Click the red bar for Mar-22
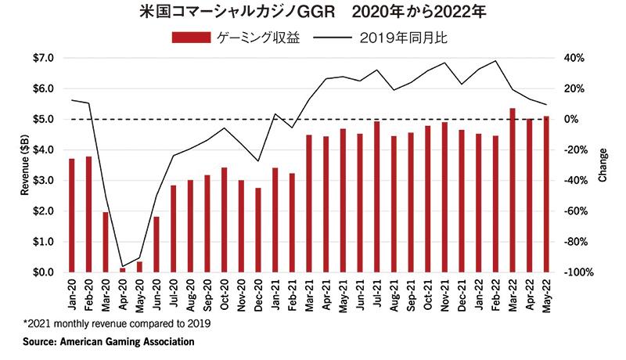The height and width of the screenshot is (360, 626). pos(512,190)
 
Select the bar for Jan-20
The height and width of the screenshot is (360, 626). pos(72,215)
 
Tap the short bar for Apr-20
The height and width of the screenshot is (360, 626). pos(123,270)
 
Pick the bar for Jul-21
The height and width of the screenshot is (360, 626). pos(376,196)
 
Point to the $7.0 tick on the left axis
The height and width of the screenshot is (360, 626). pos(43,58)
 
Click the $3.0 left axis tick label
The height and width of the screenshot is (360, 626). pos(43,181)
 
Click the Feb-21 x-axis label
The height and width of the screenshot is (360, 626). pos(293,292)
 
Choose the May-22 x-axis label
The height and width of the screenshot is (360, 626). pos(546,292)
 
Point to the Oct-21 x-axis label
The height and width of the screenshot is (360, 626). pos(428,292)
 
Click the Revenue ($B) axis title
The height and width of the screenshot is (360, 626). pos(23,165)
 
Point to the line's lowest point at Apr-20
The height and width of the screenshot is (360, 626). pos(123,266)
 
